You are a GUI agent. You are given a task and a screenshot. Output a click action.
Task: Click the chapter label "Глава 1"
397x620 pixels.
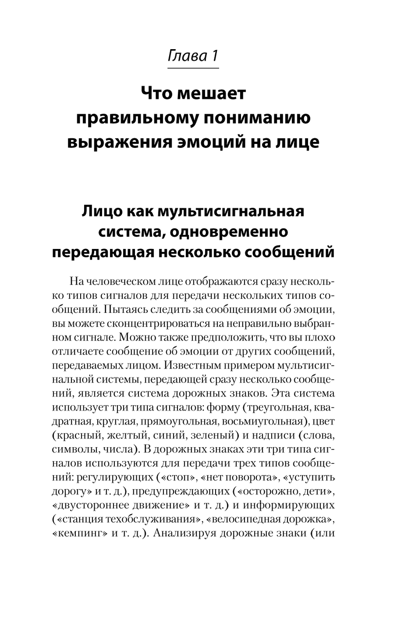[x=193, y=55]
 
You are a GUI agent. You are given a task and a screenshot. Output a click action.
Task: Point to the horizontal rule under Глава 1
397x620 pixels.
[x=193, y=69]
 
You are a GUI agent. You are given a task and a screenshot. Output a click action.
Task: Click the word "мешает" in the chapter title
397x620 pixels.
[x=212, y=94]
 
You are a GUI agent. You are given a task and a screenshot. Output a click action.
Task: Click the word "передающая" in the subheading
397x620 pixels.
[x=103, y=252]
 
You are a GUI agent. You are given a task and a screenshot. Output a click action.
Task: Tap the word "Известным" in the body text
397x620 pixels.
[x=196, y=365]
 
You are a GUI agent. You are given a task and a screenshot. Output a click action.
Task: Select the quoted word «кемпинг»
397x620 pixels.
[x=79, y=533]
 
